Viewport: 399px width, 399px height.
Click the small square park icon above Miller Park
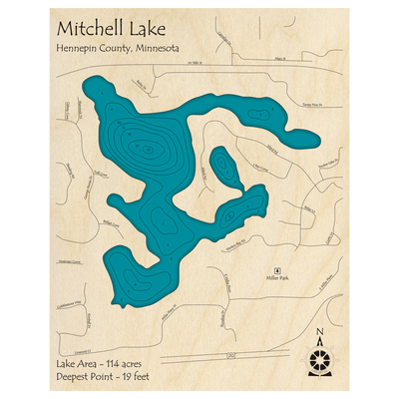[277, 270]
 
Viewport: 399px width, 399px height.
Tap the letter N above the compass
[318, 332]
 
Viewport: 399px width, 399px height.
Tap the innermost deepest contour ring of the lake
[148, 152]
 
